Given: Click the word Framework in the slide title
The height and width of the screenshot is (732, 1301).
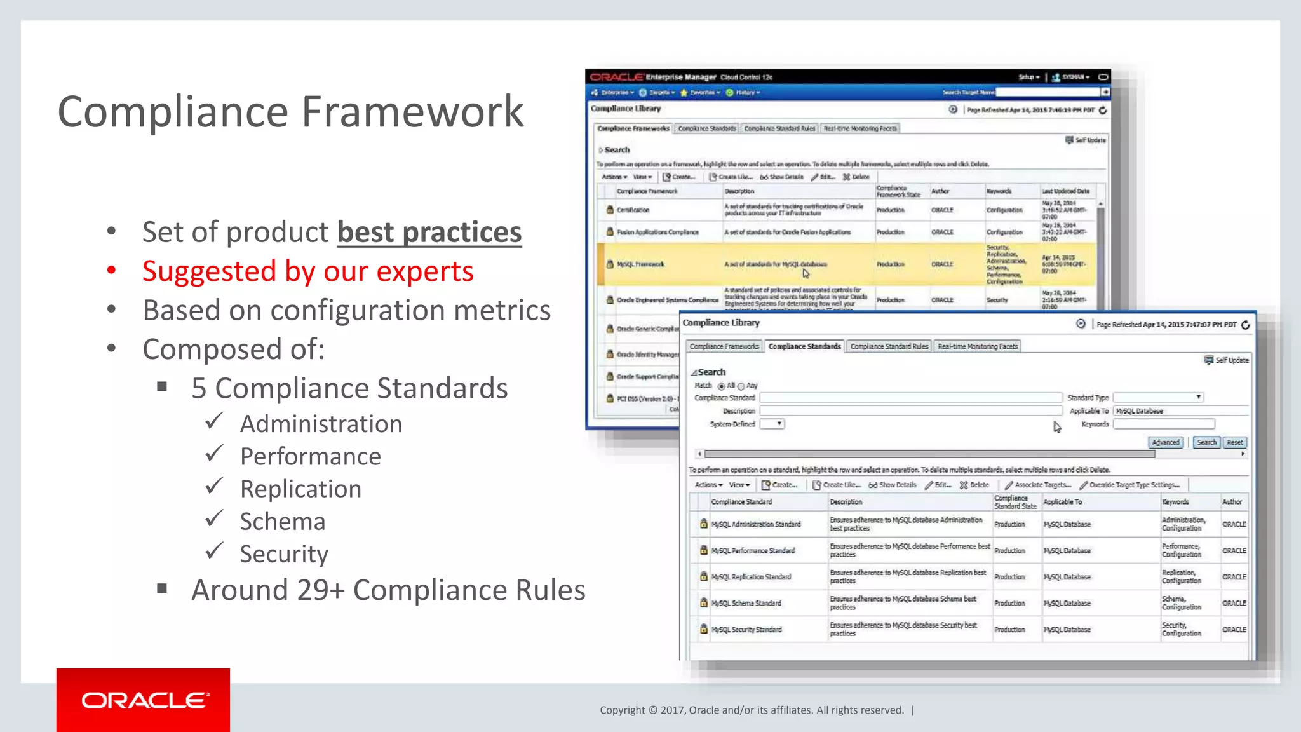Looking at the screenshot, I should [x=412, y=112].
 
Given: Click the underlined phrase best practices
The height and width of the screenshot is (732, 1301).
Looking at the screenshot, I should [x=429, y=233].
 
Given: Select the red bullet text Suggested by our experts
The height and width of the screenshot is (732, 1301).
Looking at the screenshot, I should [x=307, y=271].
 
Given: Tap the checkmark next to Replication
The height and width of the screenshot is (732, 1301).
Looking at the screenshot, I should [x=215, y=487].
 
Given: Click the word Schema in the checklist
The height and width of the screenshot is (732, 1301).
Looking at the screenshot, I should [x=283, y=522].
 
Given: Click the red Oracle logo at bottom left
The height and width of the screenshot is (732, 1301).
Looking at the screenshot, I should [x=144, y=700].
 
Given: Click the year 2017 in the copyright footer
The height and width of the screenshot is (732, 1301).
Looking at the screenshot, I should [x=671, y=710].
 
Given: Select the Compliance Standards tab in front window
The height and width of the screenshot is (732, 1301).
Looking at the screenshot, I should [x=804, y=346].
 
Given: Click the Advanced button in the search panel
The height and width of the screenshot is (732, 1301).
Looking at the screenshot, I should [x=1165, y=442].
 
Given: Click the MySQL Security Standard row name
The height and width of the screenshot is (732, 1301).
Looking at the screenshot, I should [x=746, y=630].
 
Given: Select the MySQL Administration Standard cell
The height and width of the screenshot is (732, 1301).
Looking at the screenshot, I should [x=755, y=524].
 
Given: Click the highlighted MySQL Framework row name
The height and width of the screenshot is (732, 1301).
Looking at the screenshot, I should [x=640, y=264].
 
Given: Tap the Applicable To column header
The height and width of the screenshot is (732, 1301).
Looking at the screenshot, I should [x=1062, y=502].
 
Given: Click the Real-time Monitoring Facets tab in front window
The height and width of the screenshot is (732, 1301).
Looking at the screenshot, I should [x=977, y=346].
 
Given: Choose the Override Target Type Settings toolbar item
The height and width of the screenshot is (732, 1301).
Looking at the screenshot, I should [x=1134, y=485].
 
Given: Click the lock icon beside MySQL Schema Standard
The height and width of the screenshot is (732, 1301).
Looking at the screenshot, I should [x=703, y=603].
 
